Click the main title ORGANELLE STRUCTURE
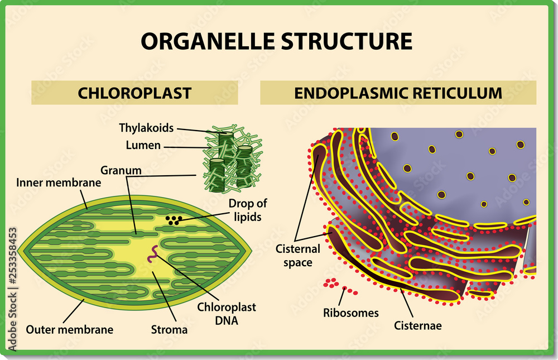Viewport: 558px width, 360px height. [276, 41]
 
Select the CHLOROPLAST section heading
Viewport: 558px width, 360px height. [134, 93]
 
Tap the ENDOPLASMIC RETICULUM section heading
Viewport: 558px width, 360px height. [398, 93]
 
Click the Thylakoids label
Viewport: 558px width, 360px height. [146, 127]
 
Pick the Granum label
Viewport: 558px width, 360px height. [121, 170]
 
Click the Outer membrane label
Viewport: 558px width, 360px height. [69, 329]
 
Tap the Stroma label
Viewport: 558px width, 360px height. [169, 329]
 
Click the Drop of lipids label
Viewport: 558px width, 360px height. [245, 210]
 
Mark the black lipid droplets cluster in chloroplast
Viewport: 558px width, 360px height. [174, 220]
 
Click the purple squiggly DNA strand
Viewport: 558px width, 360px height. [152, 256]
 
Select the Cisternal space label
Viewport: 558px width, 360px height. [297, 255]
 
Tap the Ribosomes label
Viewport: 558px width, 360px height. [350, 313]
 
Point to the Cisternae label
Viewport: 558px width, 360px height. [417, 325]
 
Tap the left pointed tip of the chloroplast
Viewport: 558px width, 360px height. [20, 252]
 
